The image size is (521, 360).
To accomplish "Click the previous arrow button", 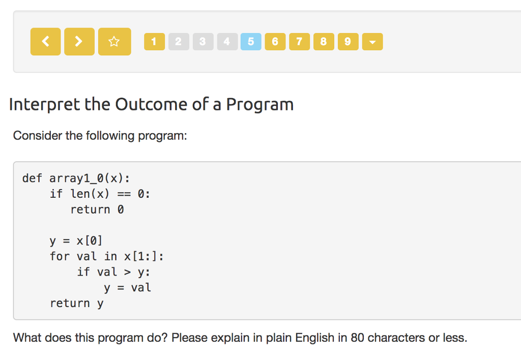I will tap(45, 42).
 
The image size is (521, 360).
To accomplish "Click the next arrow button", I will tap(79, 42).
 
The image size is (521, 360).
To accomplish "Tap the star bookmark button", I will tap(114, 42).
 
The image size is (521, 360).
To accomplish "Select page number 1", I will tap(154, 42).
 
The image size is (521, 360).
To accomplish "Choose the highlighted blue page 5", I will tap(251, 42).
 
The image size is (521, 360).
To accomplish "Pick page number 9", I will tap(348, 42).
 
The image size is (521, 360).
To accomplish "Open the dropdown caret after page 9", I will tap(372, 42).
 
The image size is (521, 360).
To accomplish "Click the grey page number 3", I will tap(202, 42).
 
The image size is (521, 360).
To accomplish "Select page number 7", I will tap(299, 42).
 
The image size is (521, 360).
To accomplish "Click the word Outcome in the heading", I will tap(151, 104).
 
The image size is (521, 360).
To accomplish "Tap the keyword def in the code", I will tap(32, 178).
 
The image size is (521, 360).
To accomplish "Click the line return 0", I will tap(97, 209).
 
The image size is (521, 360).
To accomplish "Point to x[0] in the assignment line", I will tap(90, 241).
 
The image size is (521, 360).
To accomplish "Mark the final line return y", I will tap(76, 304).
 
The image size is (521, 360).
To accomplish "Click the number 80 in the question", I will tap(357, 338).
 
